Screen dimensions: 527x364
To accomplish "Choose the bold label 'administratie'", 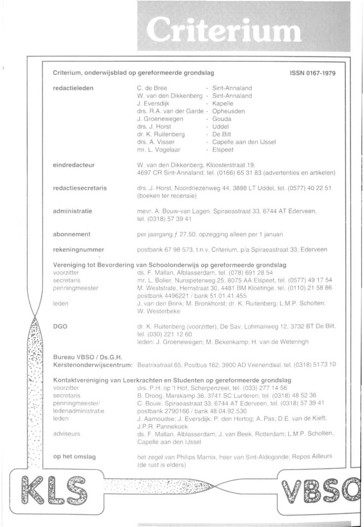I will [73, 211].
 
